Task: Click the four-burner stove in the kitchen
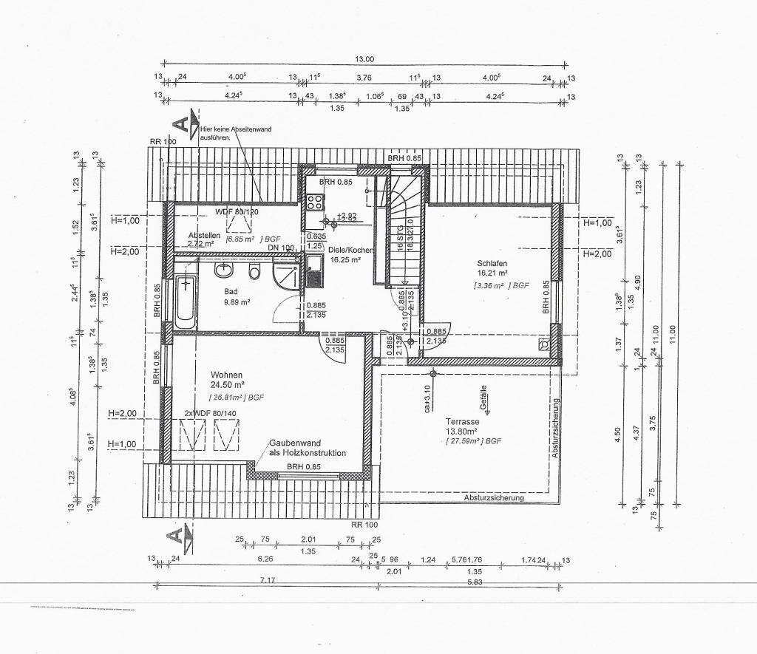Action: click(x=315, y=202)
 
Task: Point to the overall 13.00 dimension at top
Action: click(x=365, y=59)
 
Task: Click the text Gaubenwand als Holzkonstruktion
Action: click(x=307, y=448)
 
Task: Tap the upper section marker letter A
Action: click(x=178, y=123)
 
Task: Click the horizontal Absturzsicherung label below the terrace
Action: click(x=494, y=498)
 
